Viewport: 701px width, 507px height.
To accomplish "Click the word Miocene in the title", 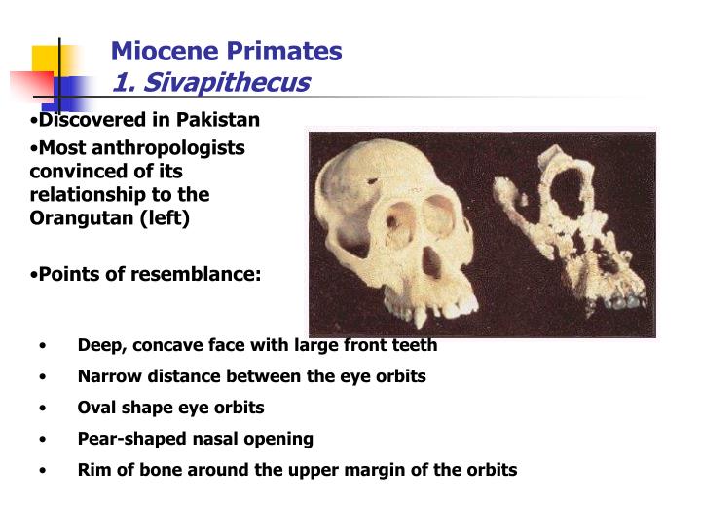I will point(156,51).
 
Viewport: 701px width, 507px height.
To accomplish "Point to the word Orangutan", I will point(75,218).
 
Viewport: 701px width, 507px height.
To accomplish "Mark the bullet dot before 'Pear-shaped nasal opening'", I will point(44,440).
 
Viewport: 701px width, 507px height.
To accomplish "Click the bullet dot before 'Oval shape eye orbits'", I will point(44,409).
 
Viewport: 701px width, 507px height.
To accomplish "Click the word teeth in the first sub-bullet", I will point(414,345).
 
